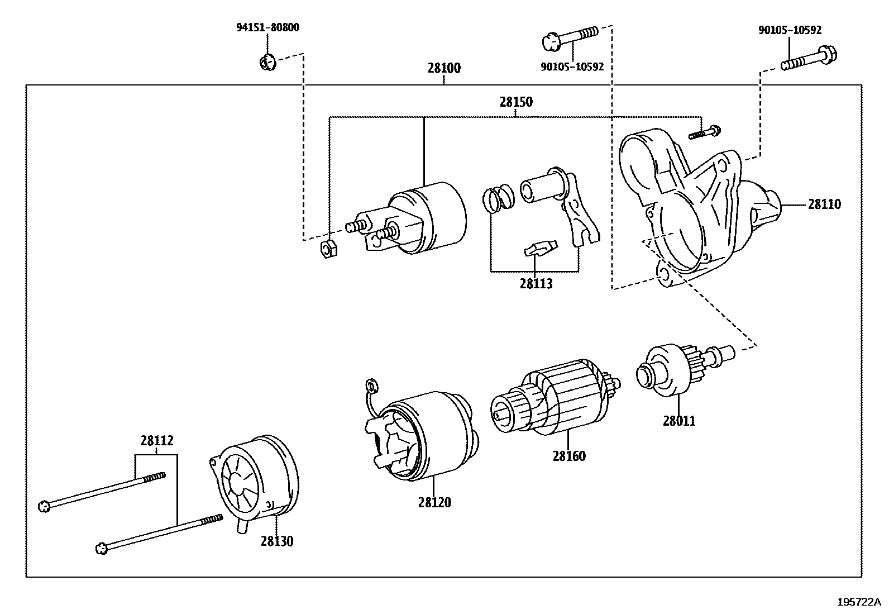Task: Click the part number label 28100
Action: (444, 69)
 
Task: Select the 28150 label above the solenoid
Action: (515, 102)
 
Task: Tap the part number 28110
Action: (824, 204)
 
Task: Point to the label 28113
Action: (536, 284)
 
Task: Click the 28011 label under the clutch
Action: (679, 421)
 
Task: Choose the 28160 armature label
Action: (569, 456)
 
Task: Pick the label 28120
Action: (434, 502)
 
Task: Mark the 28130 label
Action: (276, 541)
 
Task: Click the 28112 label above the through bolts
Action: (156, 441)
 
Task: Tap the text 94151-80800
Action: (267, 27)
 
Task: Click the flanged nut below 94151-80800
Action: (267, 62)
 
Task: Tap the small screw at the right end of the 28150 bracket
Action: (705, 132)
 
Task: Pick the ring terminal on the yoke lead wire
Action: (371, 385)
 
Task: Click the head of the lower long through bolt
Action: (101, 549)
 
